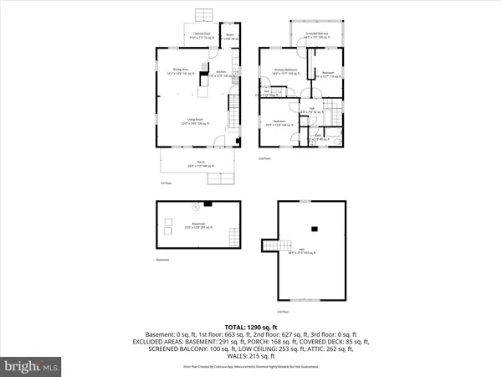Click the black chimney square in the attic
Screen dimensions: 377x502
[315, 228]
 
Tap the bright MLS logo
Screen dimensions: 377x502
[32, 365]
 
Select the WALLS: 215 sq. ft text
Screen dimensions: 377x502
[251, 359]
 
